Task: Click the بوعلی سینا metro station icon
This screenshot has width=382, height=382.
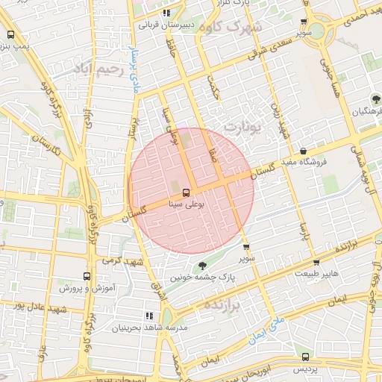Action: coord(186,191)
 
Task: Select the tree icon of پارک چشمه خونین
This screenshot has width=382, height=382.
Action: coord(202,266)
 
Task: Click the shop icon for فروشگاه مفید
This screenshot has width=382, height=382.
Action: coord(302,151)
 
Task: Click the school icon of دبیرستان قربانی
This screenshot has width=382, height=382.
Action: coord(166,13)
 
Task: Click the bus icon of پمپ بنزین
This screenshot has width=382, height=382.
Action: coord(10,34)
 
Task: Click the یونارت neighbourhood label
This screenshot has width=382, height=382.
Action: coord(244,127)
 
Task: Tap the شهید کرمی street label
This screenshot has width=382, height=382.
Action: coord(123,261)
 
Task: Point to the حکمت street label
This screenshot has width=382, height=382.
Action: coord(214,97)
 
